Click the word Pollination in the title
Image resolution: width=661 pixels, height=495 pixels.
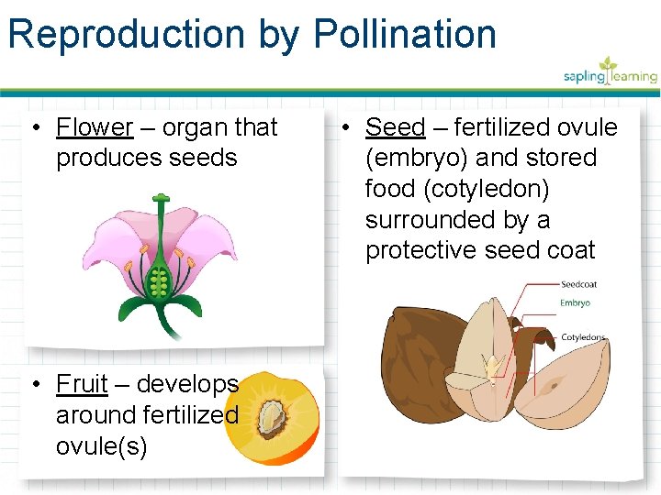pos(405,35)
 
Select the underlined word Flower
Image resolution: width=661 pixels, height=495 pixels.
pos(95,127)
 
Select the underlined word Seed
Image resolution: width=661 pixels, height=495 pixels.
pos(396,127)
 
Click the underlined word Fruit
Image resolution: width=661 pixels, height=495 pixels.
pos(82,383)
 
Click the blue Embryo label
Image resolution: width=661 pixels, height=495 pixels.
pos(575,303)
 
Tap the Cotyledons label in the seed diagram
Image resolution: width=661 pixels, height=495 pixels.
pos(583,337)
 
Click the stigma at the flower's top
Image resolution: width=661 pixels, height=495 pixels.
pos(161,198)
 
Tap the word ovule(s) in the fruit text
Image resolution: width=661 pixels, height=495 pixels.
pos(101,445)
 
